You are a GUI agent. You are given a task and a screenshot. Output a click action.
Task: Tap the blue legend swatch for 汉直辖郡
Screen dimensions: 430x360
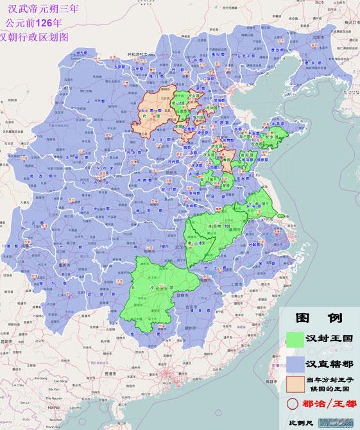tap(295, 363)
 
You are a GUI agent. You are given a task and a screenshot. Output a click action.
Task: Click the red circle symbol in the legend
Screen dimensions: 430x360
tap(293, 404)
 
